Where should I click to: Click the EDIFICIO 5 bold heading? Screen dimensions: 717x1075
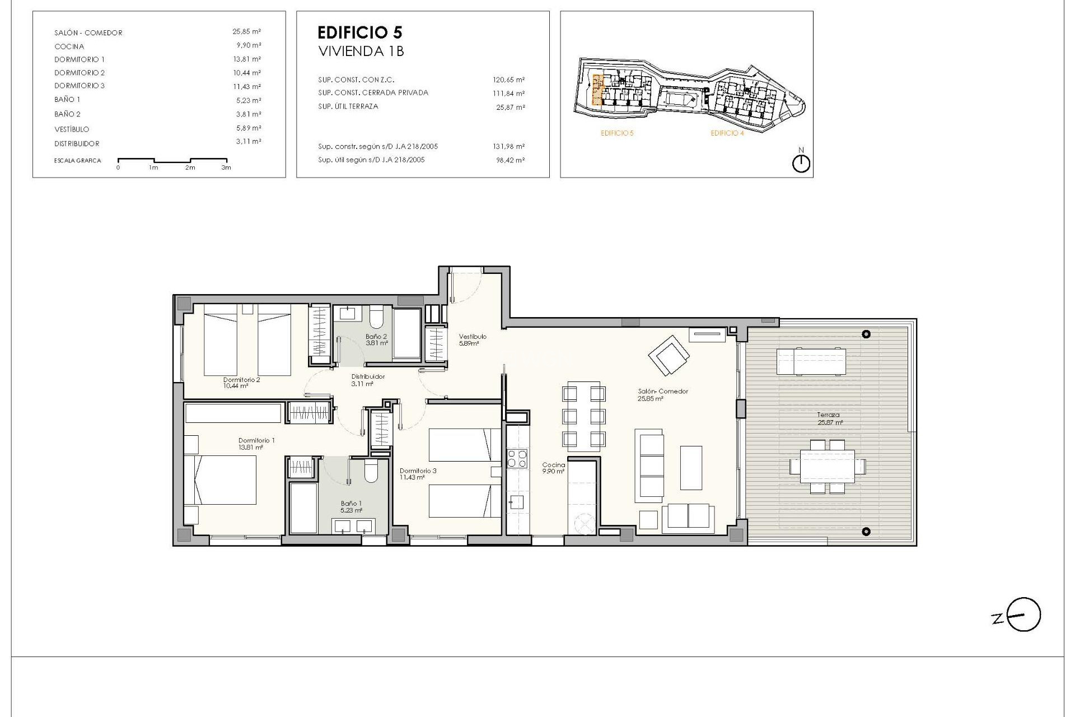coord(359,32)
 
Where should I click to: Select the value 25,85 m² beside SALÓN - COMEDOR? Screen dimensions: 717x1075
coord(246,32)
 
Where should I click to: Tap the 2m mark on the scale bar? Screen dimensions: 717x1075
coord(190,167)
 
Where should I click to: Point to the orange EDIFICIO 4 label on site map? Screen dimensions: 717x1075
coord(727,133)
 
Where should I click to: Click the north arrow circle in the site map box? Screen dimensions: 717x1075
coord(802,164)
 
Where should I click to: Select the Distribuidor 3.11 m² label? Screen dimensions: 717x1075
coord(367,380)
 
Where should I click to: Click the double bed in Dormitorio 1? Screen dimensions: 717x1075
coord(221,479)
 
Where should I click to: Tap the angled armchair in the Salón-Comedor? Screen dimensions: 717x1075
coord(669,355)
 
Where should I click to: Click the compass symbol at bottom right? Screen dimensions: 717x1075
coord(1023,614)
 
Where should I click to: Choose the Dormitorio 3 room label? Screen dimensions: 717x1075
coord(418,474)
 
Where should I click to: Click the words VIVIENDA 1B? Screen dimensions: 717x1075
coord(361,52)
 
